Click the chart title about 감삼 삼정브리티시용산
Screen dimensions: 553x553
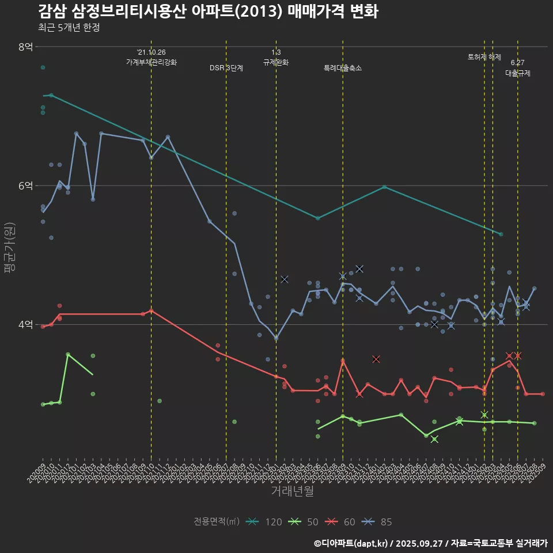coord(208,12)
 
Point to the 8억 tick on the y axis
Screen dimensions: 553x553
coord(26,47)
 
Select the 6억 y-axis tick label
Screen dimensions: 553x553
coord(26,185)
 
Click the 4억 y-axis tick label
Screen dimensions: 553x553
coord(26,324)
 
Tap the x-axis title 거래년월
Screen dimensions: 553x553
coord(293,491)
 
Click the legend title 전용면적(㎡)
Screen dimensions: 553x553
coord(217,522)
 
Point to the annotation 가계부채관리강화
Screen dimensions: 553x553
coord(151,62)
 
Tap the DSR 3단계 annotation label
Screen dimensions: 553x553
coord(226,68)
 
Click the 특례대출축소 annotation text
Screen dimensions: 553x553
coord(343,68)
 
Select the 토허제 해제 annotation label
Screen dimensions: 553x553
coord(484,57)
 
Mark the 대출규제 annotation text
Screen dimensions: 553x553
coord(518,73)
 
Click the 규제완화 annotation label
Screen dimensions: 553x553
coord(276,62)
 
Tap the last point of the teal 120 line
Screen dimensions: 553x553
coord(501,234)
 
